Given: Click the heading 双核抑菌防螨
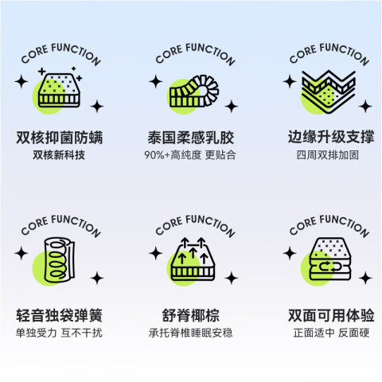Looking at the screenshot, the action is [x=60, y=138].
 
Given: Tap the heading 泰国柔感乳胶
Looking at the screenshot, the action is [x=191, y=138].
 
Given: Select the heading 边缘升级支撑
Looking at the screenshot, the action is [x=331, y=137].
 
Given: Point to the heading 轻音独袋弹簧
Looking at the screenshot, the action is [x=60, y=315].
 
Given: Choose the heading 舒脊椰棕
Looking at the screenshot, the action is [x=191, y=315].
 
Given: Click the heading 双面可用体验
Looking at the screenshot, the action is [x=331, y=315].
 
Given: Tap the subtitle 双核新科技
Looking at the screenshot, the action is [x=59, y=155].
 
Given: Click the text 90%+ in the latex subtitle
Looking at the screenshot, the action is [x=157, y=155].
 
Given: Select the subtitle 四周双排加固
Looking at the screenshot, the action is [x=328, y=155].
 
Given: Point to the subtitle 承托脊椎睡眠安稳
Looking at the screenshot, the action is [x=191, y=333].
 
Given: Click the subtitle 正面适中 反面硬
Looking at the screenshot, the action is [x=331, y=333].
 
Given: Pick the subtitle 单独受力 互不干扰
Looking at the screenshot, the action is [x=59, y=333].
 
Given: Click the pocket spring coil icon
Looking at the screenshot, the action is [x=60, y=260].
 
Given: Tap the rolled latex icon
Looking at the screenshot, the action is [x=194, y=92].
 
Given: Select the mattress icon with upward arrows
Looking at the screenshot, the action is [x=193, y=259].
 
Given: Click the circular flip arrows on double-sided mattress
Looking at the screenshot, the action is [x=329, y=266].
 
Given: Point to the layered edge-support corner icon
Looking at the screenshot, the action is [x=329, y=92].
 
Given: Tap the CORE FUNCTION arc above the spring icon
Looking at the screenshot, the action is [x=61, y=225].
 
